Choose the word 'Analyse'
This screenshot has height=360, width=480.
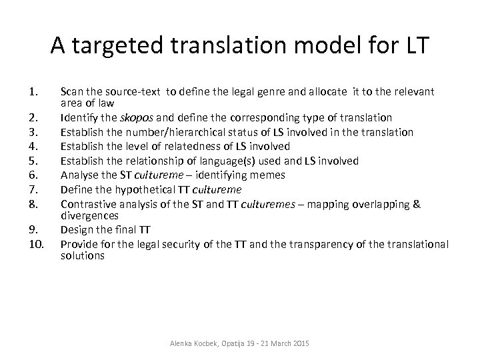point(81,175)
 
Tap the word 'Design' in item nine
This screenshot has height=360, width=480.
point(76,231)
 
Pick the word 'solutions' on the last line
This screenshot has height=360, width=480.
point(83,257)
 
